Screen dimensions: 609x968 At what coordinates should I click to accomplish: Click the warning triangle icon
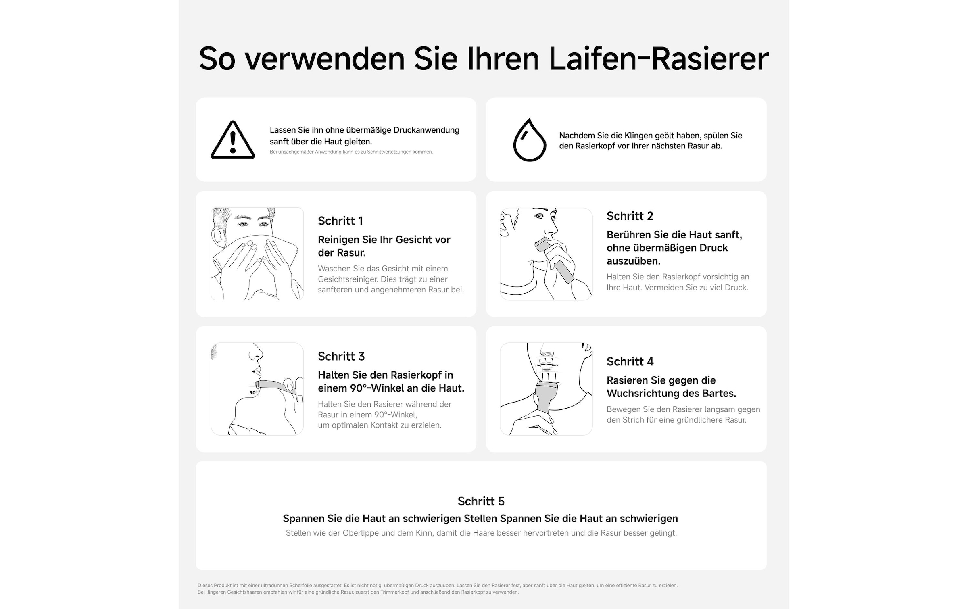233,141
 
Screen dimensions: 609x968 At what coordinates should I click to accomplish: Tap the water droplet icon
529,141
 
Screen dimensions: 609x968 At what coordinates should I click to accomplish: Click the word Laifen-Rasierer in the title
658,59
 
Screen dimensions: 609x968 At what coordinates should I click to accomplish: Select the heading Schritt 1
340,221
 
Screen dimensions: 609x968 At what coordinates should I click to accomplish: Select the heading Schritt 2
630,216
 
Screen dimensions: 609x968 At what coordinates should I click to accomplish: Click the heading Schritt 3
341,357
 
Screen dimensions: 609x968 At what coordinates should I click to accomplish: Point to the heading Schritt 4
630,362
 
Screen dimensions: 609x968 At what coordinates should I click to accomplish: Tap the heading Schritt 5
481,501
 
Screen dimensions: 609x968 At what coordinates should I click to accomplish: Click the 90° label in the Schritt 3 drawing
253,392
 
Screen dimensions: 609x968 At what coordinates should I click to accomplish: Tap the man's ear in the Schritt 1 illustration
218,238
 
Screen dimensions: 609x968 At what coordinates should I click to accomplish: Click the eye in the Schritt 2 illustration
539,217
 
